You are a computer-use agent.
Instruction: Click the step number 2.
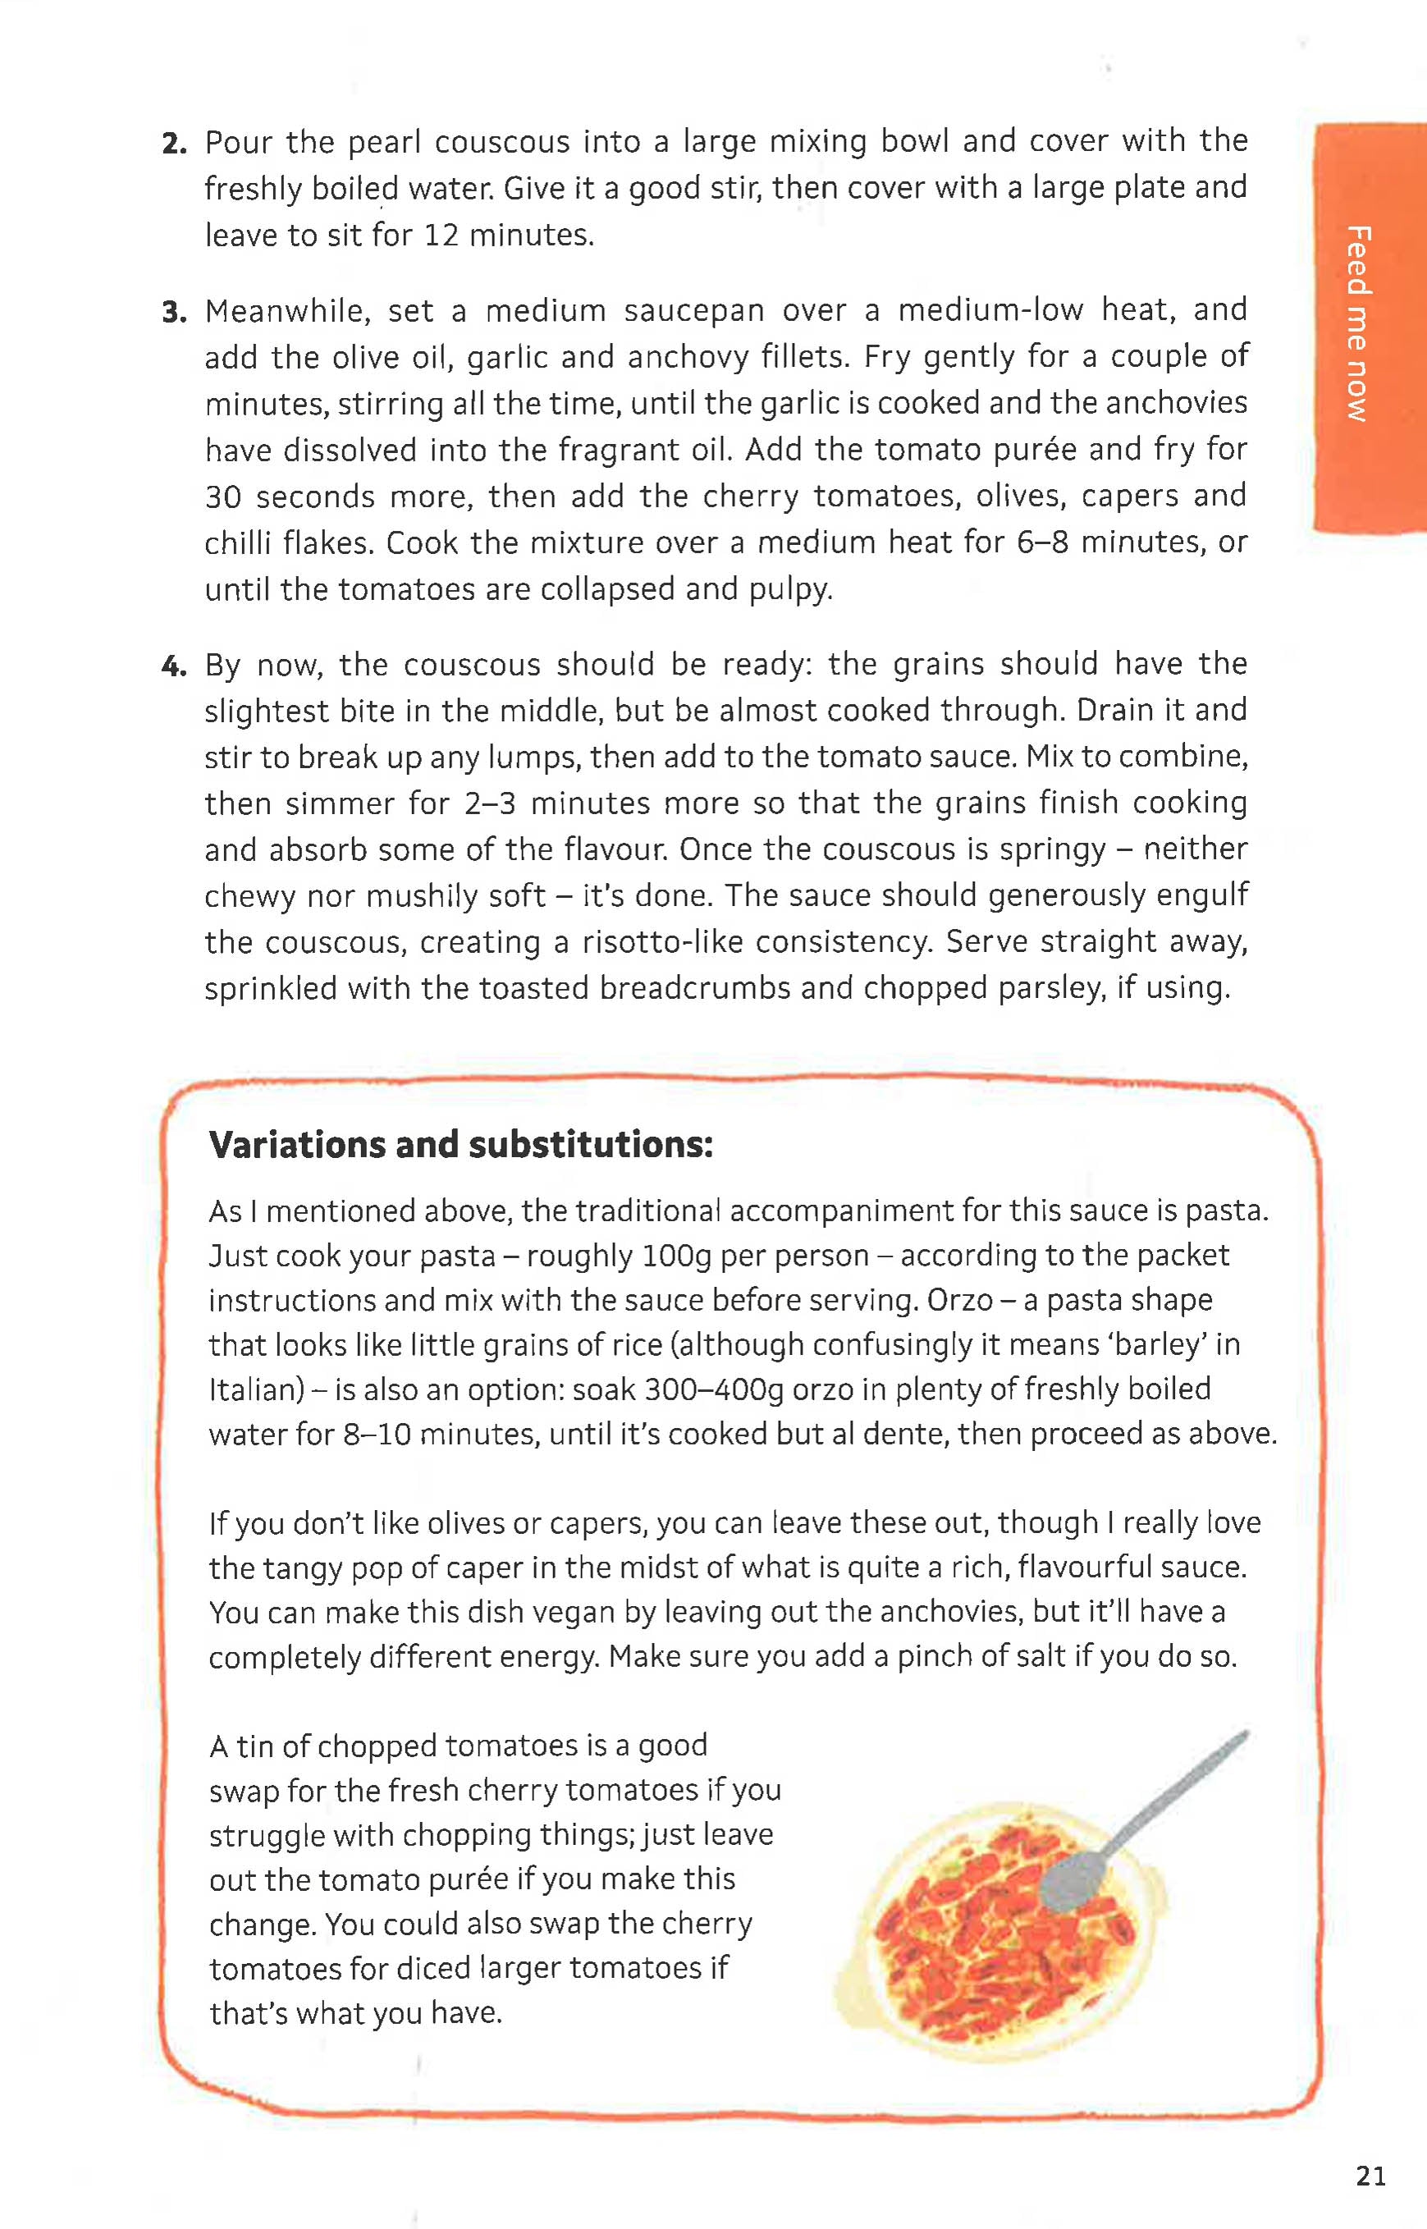pyautogui.click(x=173, y=144)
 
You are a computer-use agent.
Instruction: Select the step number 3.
pyautogui.click(x=173, y=313)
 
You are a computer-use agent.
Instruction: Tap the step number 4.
pyautogui.click(x=173, y=666)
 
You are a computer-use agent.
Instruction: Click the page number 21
pyautogui.click(x=1370, y=2175)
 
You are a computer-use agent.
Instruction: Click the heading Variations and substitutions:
pyautogui.click(x=460, y=1145)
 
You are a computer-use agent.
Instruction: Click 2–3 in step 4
pyautogui.click(x=490, y=803)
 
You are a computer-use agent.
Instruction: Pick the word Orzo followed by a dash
pyautogui.click(x=960, y=1300)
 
